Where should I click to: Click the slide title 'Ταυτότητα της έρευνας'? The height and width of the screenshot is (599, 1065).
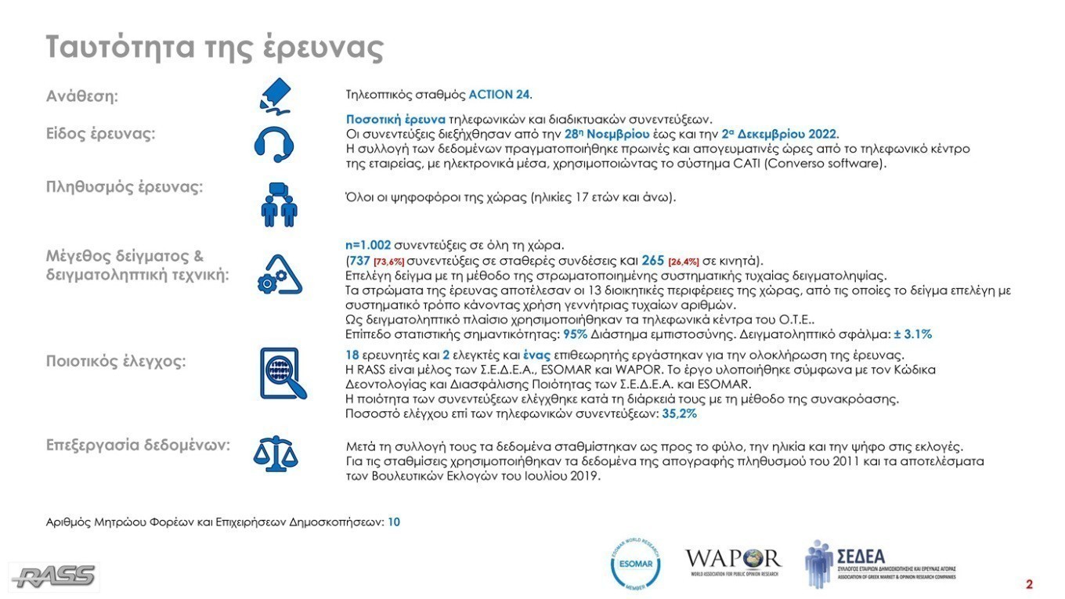click(x=215, y=47)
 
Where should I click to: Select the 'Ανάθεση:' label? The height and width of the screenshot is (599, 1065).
click(x=82, y=97)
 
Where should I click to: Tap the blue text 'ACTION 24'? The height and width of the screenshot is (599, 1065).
click(x=499, y=95)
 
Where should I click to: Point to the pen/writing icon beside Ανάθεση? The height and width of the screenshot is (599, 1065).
click(x=275, y=96)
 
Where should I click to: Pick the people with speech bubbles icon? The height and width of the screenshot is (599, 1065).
click(x=278, y=204)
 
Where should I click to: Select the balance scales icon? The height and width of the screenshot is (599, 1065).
click(x=275, y=453)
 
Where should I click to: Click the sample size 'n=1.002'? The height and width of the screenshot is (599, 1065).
click(x=368, y=245)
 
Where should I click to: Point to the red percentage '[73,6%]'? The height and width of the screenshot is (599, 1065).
click(x=388, y=261)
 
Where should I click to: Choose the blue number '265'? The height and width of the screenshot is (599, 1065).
click(x=652, y=260)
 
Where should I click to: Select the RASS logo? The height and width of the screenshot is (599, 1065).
click(x=54, y=576)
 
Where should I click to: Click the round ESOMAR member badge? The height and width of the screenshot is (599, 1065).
click(x=635, y=563)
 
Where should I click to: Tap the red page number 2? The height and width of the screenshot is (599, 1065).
click(x=1030, y=584)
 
